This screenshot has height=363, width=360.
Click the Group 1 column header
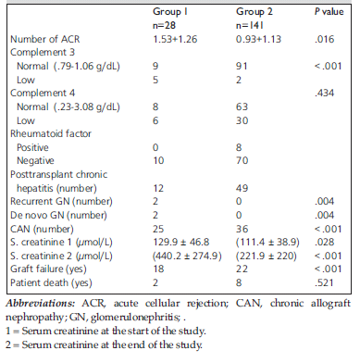pos(170,11)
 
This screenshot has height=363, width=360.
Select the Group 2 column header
pos(254,11)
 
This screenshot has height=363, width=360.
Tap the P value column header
pos(329,12)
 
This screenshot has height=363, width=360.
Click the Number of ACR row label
pos(45,39)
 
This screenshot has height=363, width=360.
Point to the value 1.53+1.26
pos(175,39)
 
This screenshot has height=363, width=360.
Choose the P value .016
pos(324,39)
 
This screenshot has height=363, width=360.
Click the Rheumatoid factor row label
pos(51,133)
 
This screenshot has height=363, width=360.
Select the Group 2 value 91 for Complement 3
pos(242,66)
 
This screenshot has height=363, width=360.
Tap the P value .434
pos(324,93)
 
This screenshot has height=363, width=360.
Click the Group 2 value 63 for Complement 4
pos(242,106)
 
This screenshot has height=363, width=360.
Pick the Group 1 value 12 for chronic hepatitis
pos(158,188)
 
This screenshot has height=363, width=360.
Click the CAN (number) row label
pos(42,229)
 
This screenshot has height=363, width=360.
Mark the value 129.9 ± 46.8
pos(181,242)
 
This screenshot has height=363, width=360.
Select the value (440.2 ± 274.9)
pos(187,256)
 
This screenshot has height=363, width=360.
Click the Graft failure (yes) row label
pos(48,269)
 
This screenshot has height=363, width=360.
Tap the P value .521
pos(324,282)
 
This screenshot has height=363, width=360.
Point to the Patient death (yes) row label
pos(51,282)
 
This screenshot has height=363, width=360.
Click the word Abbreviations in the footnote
pos(41,303)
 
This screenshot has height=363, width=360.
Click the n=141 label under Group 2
pos(250,25)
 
